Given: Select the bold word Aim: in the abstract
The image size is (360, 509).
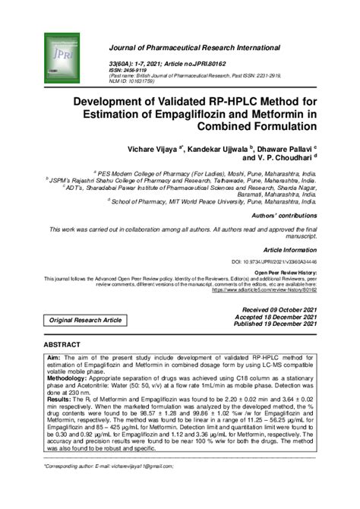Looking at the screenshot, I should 54,356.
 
